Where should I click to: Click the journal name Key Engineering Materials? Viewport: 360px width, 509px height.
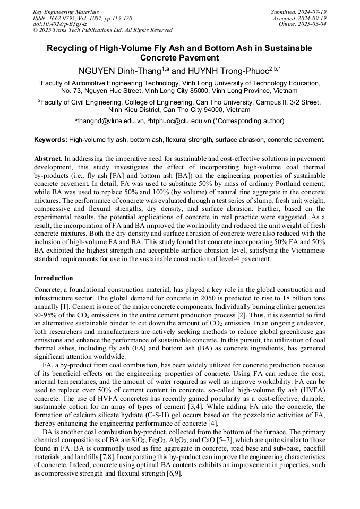pyautogui.click(x=65, y=11)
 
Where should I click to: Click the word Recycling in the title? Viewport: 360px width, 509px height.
pyautogui.click(x=67, y=48)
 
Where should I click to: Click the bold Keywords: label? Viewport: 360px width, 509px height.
pyautogui.click(x=50, y=140)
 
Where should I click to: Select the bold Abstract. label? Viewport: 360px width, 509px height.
pyautogui.click(x=48, y=159)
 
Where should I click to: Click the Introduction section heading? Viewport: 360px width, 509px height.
pyautogui.click(x=54, y=278)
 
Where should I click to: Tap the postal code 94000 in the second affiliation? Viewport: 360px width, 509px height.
pyautogui.click(x=215, y=110)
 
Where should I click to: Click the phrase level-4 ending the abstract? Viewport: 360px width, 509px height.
pyautogui.click(x=242, y=258)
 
